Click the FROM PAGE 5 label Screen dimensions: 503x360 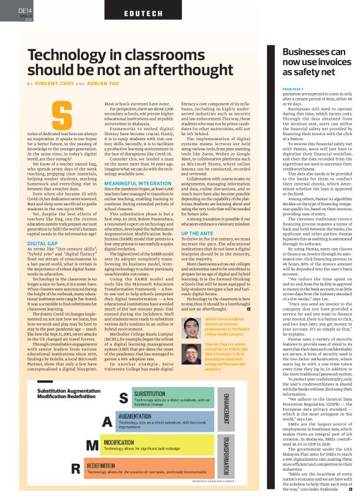pos(294,89)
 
